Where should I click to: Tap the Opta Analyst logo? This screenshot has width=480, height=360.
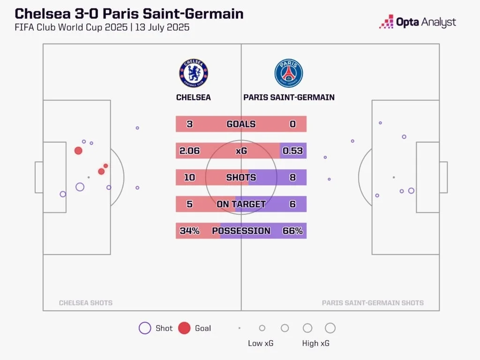click(x=417, y=22)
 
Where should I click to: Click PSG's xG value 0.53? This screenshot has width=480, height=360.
click(x=293, y=151)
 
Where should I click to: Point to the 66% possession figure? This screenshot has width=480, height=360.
click(x=293, y=231)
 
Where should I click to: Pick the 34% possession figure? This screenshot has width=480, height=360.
click(x=189, y=231)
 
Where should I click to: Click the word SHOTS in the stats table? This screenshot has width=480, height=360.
click(x=241, y=178)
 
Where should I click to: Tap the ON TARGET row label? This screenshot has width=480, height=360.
click(x=241, y=204)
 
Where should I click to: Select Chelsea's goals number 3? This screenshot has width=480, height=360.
click(x=189, y=124)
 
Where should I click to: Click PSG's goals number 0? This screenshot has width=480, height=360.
click(x=293, y=124)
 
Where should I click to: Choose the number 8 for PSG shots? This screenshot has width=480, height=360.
click(x=293, y=178)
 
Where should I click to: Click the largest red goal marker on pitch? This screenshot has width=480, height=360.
click(x=78, y=150)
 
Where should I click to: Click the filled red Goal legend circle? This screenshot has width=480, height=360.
click(x=185, y=328)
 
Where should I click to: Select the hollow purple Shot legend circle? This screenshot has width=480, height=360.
click(x=145, y=328)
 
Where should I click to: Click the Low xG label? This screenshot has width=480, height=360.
click(x=261, y=344)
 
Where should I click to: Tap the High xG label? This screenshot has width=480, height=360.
click(x=315, y=344)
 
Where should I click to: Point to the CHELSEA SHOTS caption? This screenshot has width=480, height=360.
click(x=86, y=303)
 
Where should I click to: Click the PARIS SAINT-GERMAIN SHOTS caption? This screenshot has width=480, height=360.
click(x=373, y=303)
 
